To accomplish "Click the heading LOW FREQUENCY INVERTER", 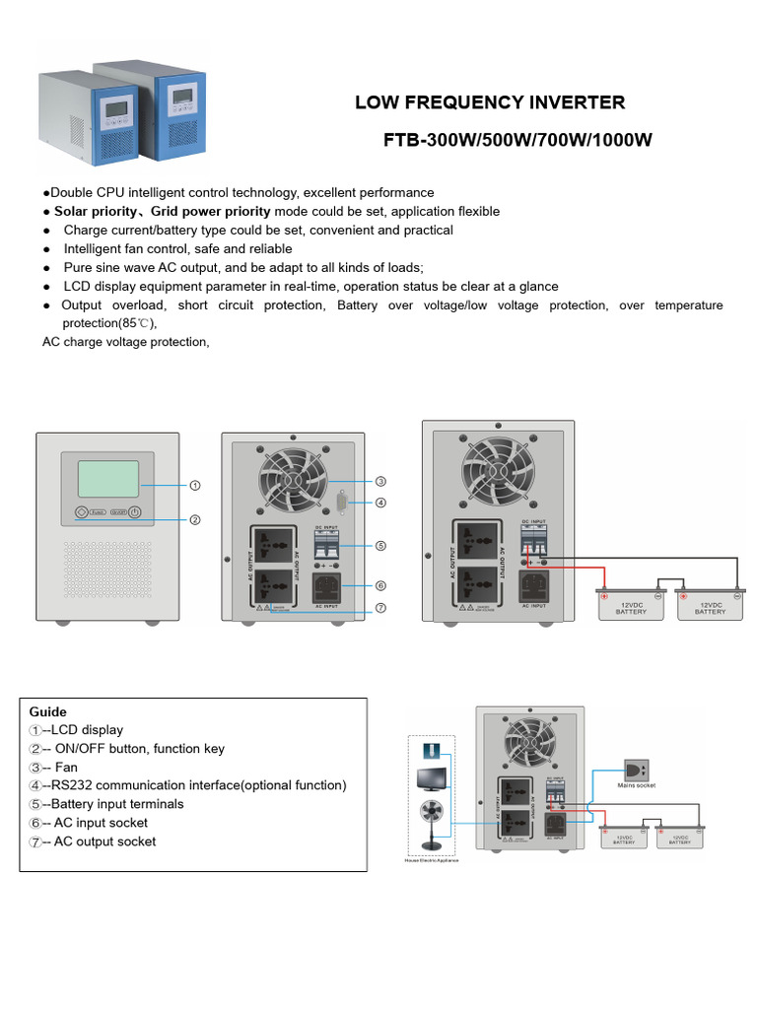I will point(489,102).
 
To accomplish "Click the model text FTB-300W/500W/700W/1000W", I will point(517,140).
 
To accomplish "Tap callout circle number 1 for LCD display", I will point(195,485).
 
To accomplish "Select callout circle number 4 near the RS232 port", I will point(380,503).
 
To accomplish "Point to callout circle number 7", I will point(380,608).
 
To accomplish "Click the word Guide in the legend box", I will point(48,711).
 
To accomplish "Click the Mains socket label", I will point(636,785).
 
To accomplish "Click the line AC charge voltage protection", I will point(126,342).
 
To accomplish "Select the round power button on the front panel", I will point(134,512).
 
